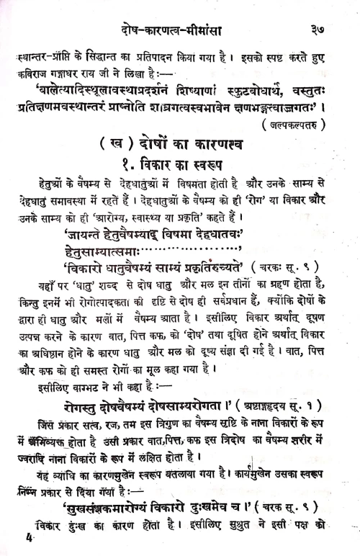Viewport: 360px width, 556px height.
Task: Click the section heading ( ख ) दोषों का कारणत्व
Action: tap(179, 144)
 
